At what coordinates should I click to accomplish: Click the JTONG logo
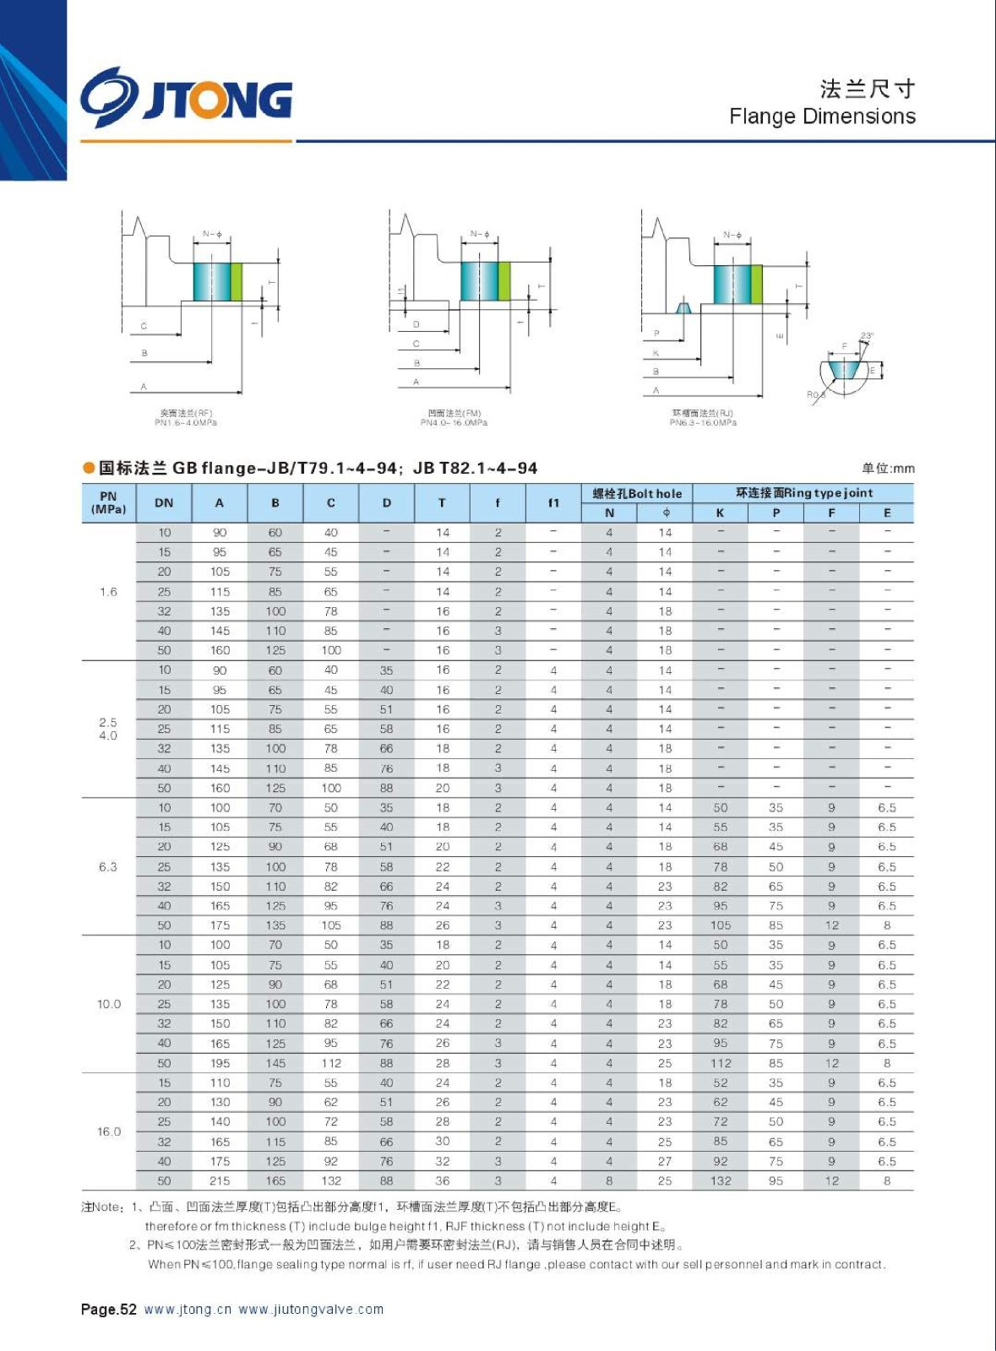pyautogui.click(x=187, y=99)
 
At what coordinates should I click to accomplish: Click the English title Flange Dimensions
pyautogui.click(x=822, y=117)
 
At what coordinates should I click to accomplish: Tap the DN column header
pyautogui.click(x=164, y=503)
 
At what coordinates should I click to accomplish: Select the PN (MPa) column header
pyautogui.click(x=108, y=503)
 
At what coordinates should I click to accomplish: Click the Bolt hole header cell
pyautogui.click(x=637, y=493)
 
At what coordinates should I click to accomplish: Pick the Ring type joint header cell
pyautogui.click(x=803, y=493)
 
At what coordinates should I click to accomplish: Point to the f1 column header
pyautogui.click(x=553, y=503)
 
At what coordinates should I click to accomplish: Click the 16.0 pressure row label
pyautogui.click(x=109, y=1131)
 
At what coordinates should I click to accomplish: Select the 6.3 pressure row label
pyautogui.click(x=108, y=867)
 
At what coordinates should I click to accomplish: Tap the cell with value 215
pyautogui.click(x=220, y=1181)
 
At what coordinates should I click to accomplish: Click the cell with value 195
pyautogui.click(x=220, y=1063)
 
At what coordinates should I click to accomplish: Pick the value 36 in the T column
pyautogui.click(x=443, y=1181)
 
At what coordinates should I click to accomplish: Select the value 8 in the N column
pyautogui.click(x=609, y=1181)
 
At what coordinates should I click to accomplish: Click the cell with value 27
pyautogui.click(x=665, y=1162)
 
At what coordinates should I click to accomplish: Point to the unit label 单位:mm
pyautogui.click(x=888, y=469)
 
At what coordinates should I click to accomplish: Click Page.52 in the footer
pyautogui.click(x=108, y=1310)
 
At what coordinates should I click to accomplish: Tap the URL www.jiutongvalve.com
pyautogui.click(x=311, y=1310)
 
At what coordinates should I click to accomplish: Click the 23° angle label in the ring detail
pyautogui.click(x=867, y=336)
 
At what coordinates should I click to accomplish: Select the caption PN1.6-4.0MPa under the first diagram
pyautogui.click(x=186, y=423)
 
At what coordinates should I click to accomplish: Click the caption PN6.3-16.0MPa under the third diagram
pyautogui.click(x=703, y=423)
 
